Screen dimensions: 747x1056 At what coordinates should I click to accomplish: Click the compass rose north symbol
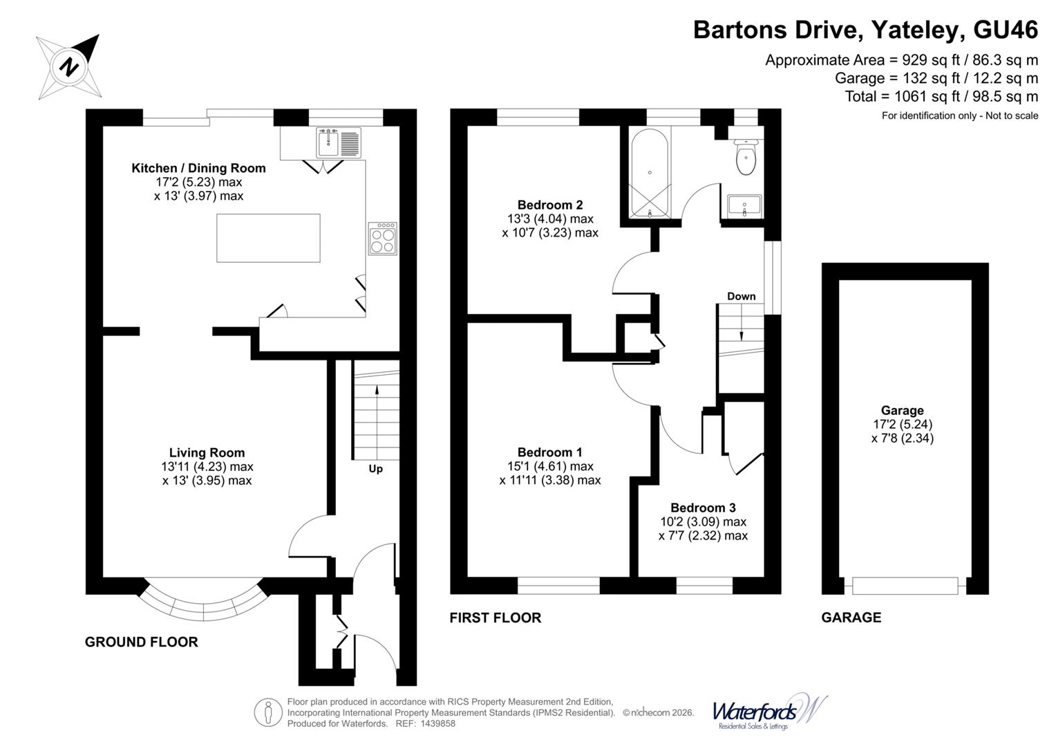(x=69, y=67)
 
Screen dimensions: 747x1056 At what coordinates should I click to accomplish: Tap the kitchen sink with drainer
(x=339, y=143)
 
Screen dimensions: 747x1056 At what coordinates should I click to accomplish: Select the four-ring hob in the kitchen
(x=383, y=239)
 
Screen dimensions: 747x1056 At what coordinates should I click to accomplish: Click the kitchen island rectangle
(x=268, y=238)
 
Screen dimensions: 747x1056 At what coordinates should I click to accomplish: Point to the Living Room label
(x=207, y=453)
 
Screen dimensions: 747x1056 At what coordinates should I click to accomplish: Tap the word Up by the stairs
(x=375, y=469)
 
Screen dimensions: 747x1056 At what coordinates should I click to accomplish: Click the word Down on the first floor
(x=741, y=297)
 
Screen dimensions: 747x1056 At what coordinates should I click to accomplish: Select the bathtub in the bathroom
(x=650, y=173)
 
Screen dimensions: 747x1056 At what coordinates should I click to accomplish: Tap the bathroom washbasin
(x=744, y=205)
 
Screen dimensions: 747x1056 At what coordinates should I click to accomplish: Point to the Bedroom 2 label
(x=550, y=205)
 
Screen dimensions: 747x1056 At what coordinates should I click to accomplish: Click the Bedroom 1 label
(x=550, y=452)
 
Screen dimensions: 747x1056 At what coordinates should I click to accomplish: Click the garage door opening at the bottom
(x=905, y=586)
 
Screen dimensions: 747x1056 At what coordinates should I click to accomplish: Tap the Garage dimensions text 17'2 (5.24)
(x=903, y=424)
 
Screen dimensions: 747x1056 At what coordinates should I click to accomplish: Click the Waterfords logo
(x=769, y=712)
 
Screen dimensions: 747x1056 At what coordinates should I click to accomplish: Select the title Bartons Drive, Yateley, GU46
(x=865, y=30)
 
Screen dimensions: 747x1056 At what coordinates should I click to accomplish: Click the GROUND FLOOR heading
(x=142, y=642)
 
